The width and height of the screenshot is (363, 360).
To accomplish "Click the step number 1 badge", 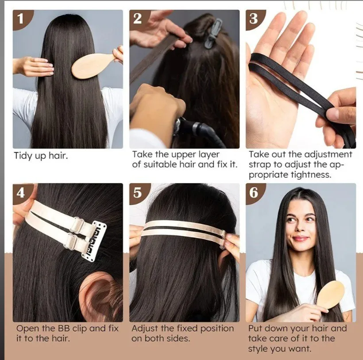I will pyautogui.click(x=21, y=19).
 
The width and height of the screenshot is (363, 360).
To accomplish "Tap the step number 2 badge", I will pyautogui.click(x=138, y=19).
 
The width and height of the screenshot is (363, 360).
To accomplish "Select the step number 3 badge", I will pyautogui.click(x=254, y=19).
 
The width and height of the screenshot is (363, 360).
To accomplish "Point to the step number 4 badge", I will pyautogui.click(x=21, y=192).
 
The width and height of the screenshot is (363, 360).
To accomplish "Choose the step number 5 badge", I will pyautogui.click(x=138, y=192).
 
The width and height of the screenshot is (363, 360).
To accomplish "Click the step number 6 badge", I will pyautogui.click(x=254, y=192).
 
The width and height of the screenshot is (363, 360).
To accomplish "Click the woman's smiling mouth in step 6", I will pyautogui.click(x=301, y=238).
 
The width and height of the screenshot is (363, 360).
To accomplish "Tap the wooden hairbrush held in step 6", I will pyautogui.click(x=330, y=294).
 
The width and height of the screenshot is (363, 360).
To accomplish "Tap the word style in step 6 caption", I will pyautogui.click(x=258, y=349).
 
